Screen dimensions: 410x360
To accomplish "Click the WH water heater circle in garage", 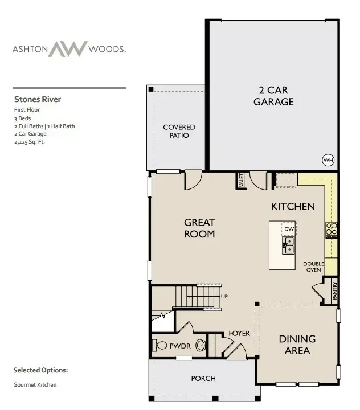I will click(328, 160).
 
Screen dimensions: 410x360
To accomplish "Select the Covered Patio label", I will click(179, 131).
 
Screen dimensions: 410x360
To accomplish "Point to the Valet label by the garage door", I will click(242, 181).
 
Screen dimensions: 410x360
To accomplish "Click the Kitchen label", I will click(293, 206).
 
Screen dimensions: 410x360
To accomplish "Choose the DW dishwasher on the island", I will click(289, 229).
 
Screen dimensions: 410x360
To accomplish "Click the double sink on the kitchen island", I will click(288, 245).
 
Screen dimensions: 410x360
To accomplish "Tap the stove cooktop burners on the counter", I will click(331, 229).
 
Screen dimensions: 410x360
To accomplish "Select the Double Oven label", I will click(313, 266).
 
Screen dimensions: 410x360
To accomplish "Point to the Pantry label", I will click(335, 291).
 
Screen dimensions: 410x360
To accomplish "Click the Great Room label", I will click(199, 228).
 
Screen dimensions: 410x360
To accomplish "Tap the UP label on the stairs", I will click(224, 297).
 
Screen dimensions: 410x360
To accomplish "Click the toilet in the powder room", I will click(200, 345).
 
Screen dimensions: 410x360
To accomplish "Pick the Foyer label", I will click(239, 333).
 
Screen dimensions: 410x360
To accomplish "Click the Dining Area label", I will click(297, 345).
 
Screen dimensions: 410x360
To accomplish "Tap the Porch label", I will click(203, 378).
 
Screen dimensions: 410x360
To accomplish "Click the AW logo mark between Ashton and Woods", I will click(67, 49).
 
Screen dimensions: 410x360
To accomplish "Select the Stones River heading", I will click(37, 99).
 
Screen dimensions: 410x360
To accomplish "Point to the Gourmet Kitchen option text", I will click(35, 385).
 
